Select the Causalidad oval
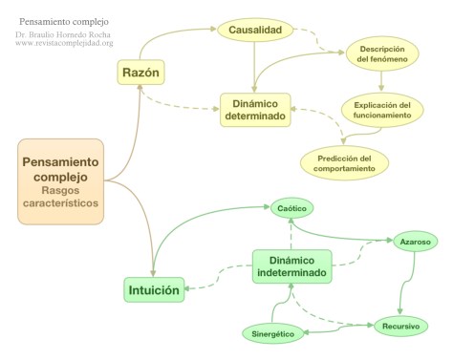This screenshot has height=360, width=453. click(x=253, y=31)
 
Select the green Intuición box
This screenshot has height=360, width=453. click(x=154, y=287)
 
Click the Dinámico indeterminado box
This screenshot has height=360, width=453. click(x=292, y=266)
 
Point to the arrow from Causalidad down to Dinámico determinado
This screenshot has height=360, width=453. click(x=254, y=69)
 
